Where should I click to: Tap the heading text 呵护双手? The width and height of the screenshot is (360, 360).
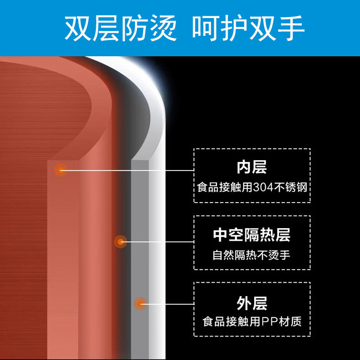tap(248, 28)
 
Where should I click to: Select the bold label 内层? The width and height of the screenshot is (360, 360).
tap(252, 167)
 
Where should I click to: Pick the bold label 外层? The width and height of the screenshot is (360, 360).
tap(252, 303)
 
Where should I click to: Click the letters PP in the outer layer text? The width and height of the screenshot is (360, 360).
tap(275, 322)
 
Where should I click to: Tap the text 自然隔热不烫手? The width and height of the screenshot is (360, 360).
tap(252, 255)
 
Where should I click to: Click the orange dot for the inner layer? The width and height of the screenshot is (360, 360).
tap(60, 170)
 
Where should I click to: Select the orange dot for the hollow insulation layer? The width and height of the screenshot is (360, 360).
tap(120, 242)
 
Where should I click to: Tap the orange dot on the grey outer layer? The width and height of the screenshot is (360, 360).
tap(140, 304)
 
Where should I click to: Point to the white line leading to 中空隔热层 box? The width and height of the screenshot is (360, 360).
tap(157, 242)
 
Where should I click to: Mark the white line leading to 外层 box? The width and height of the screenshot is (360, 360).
tap(169, 304)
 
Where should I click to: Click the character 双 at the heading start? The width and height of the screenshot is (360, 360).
tap(77, 28)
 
